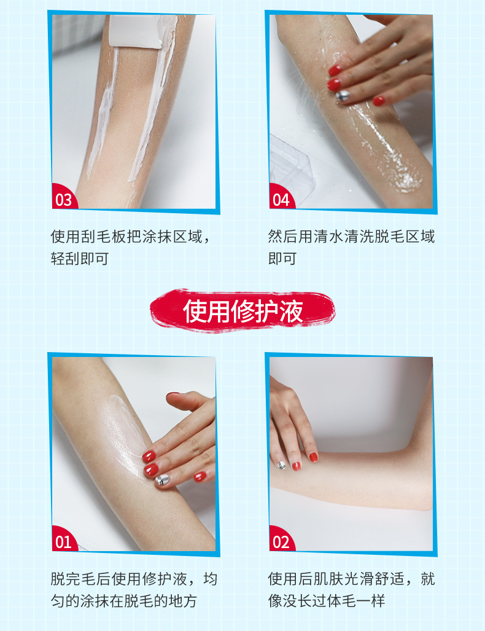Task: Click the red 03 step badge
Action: (64, 197)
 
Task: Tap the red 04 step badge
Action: (282, 197)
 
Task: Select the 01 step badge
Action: (64, 539)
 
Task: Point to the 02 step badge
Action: (282, 539)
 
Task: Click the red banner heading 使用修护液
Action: (243, 311)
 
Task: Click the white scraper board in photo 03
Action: (136, 32)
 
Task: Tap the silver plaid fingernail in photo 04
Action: (343, 96)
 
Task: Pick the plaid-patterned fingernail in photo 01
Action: (161, 479)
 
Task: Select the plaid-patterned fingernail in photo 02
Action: (281, 464)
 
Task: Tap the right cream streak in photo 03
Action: (155, 101)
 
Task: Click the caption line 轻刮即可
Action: (80, 258)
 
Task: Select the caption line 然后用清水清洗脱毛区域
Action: (352, 236)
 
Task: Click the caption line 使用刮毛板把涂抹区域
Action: (126, 237)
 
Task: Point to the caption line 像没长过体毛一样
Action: (327, 601)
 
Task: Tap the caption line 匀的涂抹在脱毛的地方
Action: (123, 601)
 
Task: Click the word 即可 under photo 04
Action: (282, 258)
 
